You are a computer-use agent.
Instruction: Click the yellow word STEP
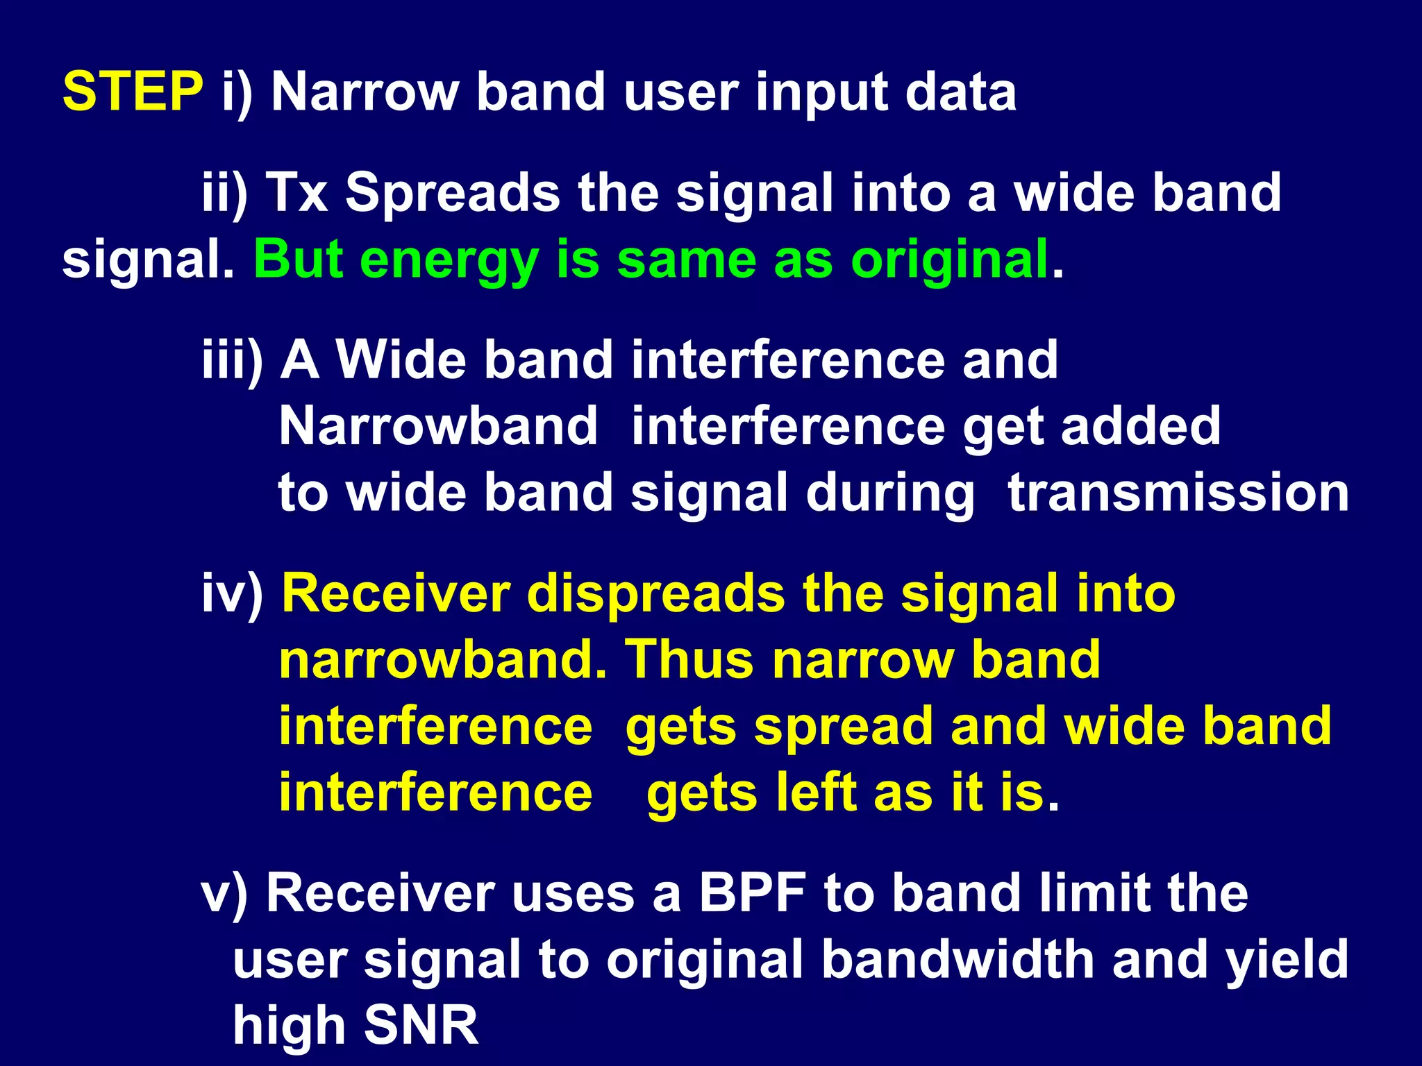pos(133,92)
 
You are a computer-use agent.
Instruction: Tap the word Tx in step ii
pos(296,192)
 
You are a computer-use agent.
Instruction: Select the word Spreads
pos(452,192)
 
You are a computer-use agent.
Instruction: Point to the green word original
pos(950,260)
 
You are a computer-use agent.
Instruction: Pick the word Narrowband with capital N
pos(438,425)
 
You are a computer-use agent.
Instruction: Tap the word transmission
pos(1178,492)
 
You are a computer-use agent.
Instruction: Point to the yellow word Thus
pos(689,659)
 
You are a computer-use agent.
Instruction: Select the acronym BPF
pos(753,892)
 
